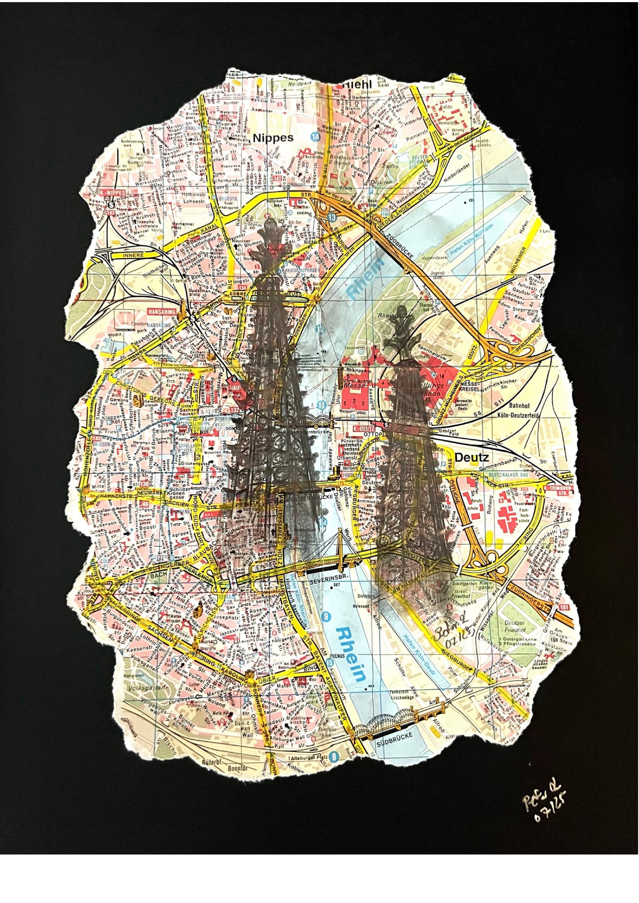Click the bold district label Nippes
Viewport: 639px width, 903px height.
pyautogui.click(x=273, y=138)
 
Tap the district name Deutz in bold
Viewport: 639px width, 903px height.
pyautogui.click(x=472, y=457)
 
